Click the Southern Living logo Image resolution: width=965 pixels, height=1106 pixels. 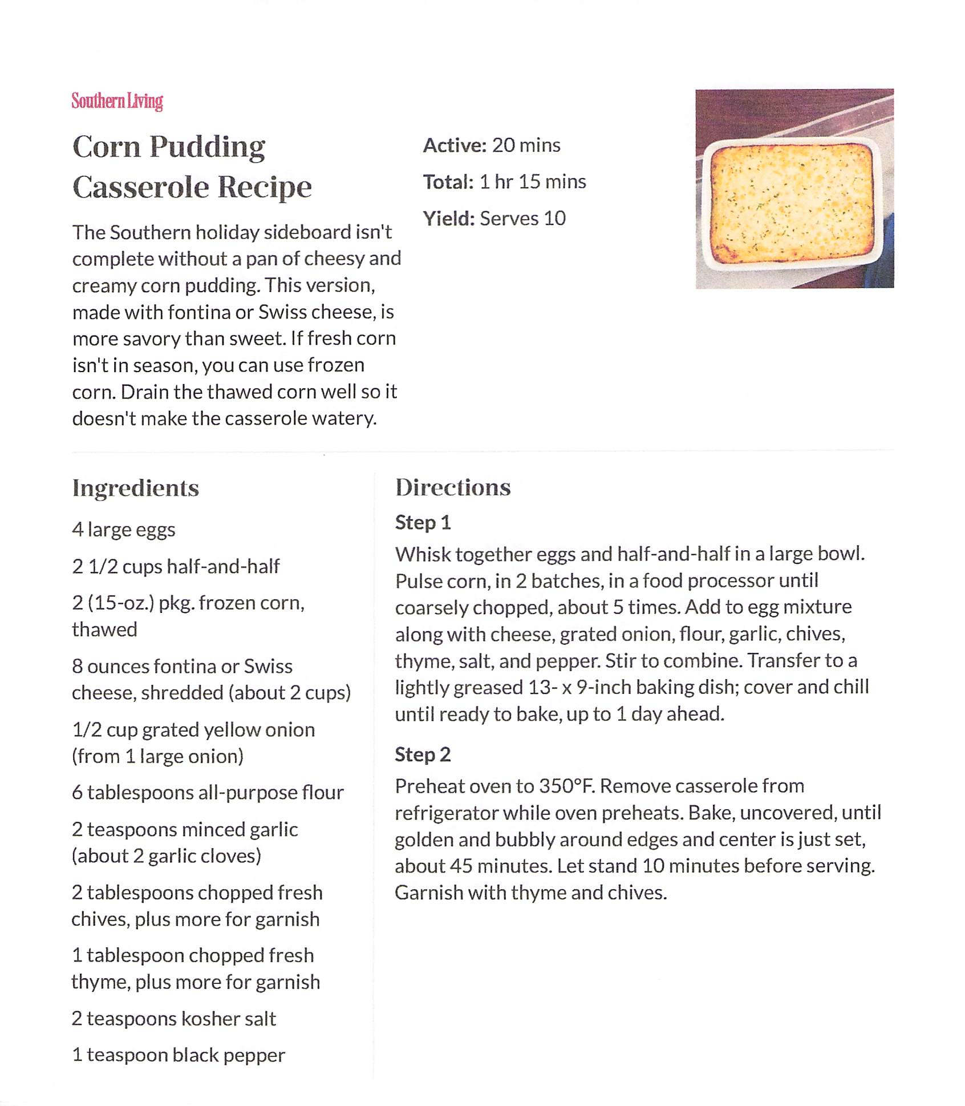[x=117, y=101]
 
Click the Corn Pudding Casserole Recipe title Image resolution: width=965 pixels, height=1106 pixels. [x=192, y=166]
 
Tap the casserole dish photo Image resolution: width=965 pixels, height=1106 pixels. [x=794, y=188]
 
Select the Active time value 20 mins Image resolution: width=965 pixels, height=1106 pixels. [x=526, y=146]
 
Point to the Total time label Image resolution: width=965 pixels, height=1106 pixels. [x=448, y=182]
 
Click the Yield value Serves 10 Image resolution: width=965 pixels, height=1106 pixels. [x=522, y=219]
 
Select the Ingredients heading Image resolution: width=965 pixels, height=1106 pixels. [x=136, y=489]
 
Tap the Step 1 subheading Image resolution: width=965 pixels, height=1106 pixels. [x=423, y=523]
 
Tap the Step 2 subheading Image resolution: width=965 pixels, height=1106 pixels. [x=423, y=755]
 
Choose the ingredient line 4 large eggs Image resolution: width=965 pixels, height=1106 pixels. [x=124, y=530]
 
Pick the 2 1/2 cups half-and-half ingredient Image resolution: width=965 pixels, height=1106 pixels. [x=176, y=567]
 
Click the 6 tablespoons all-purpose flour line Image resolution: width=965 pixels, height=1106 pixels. [x=208, y=793]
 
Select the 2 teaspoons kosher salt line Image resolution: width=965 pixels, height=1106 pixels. [x=174, y=1019]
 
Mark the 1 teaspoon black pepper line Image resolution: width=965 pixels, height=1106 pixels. [x=179, y=1055]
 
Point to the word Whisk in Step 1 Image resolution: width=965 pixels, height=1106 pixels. [x=423, y=554]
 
